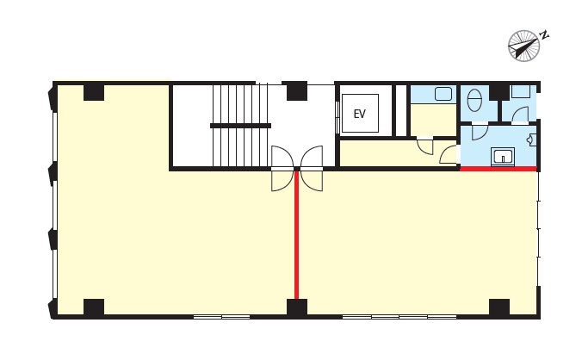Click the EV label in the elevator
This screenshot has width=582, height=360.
tap(359, 114)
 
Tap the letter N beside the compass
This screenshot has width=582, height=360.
tap(544, 35)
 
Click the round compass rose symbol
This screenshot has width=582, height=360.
tap(523, 46)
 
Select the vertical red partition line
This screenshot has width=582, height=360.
tap(296, 234)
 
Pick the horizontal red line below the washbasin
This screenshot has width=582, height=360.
tap(498, 169)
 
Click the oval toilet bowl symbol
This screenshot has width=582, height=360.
tap(474, 100)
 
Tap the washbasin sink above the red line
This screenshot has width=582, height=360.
tap(503, 156)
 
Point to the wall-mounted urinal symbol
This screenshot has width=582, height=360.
tap(531, 140)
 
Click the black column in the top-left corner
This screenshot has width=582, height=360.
tap(94, 93)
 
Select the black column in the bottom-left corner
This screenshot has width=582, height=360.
tap(94, 307)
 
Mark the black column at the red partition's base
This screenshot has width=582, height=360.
tap(297, 307)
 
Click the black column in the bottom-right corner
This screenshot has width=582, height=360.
tap(499, 307)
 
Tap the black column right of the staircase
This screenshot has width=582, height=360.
tap(297, 91)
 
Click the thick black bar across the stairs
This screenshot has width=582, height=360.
tap(240, 126)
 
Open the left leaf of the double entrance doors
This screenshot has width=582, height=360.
tap(282, 168)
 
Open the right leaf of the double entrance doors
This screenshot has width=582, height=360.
tap(312, 168)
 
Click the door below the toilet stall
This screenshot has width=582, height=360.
tap(480, 132)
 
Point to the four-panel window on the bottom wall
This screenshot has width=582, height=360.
tap(399, 317)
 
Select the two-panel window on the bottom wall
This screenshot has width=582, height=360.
tap(222, 317)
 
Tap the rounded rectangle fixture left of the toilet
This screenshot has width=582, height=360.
tap(443, 94)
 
